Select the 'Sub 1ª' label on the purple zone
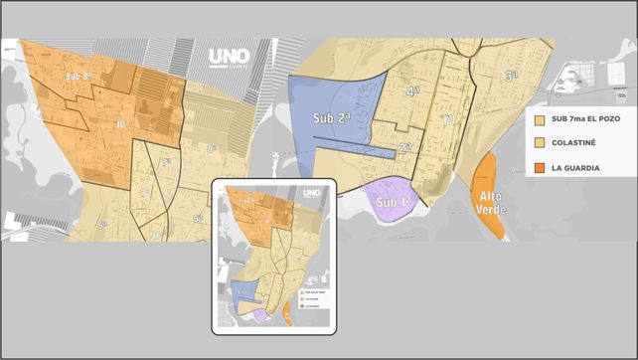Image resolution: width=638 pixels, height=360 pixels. click(396, 203)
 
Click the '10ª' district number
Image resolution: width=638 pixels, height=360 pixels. click(122, 124)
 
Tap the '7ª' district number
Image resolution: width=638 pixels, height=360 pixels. click(166, 160)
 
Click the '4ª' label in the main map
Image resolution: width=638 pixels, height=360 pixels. click(412, 90)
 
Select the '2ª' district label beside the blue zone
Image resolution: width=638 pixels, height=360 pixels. click(404, 147)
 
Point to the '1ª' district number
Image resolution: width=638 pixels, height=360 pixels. click(446, 119)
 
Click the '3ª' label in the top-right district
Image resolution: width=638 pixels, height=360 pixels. click(512, 76)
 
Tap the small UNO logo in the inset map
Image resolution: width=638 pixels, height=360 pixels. click(310, 193)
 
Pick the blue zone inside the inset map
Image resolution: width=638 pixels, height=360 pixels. click(243, 291)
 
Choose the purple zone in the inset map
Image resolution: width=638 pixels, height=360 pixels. click(260, 315)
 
